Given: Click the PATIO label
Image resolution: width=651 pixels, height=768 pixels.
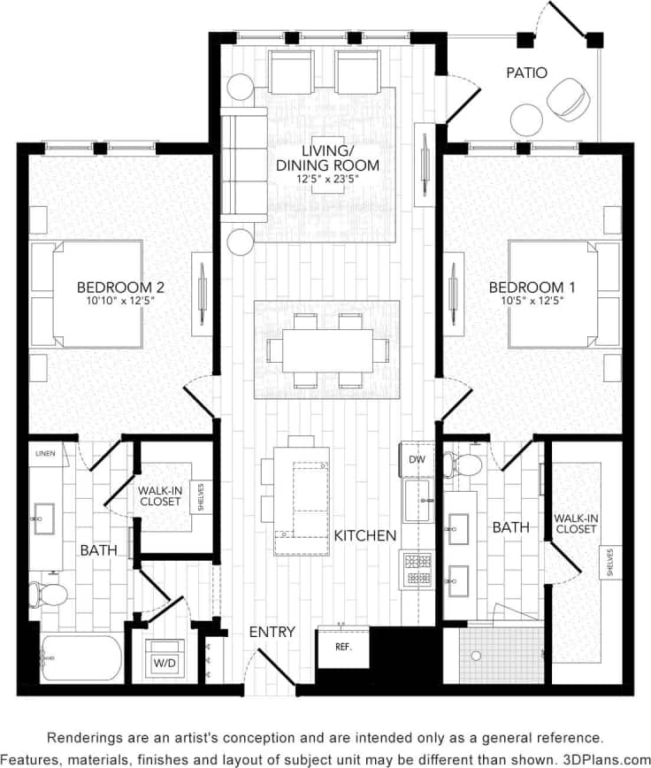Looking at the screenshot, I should tap(527, 73).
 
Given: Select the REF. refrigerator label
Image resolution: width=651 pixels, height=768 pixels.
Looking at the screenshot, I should tap(343, 647).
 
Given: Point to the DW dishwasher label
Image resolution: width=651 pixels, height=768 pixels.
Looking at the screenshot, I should tap(417, 460).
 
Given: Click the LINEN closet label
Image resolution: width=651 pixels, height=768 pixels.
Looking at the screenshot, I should tap(45, 454).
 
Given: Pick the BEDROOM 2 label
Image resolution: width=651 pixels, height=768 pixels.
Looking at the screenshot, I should tap(120, 288).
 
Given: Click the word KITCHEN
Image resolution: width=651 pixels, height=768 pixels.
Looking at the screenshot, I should tap(365, 535).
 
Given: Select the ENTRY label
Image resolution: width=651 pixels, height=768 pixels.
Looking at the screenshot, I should tap(272, 632).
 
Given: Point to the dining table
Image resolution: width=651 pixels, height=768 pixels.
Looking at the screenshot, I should tap(327, 350).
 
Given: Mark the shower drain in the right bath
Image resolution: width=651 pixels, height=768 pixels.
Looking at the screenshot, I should tap(476, 656).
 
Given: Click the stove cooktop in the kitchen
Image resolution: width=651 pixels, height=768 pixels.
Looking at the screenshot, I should tap(417, 568).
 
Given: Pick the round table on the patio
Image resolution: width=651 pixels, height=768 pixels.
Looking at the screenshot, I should tap(528, 118).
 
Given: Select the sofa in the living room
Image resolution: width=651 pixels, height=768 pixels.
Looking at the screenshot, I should tap(242, 165).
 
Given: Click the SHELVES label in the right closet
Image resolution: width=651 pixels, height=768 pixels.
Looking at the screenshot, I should tap(610, 563).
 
